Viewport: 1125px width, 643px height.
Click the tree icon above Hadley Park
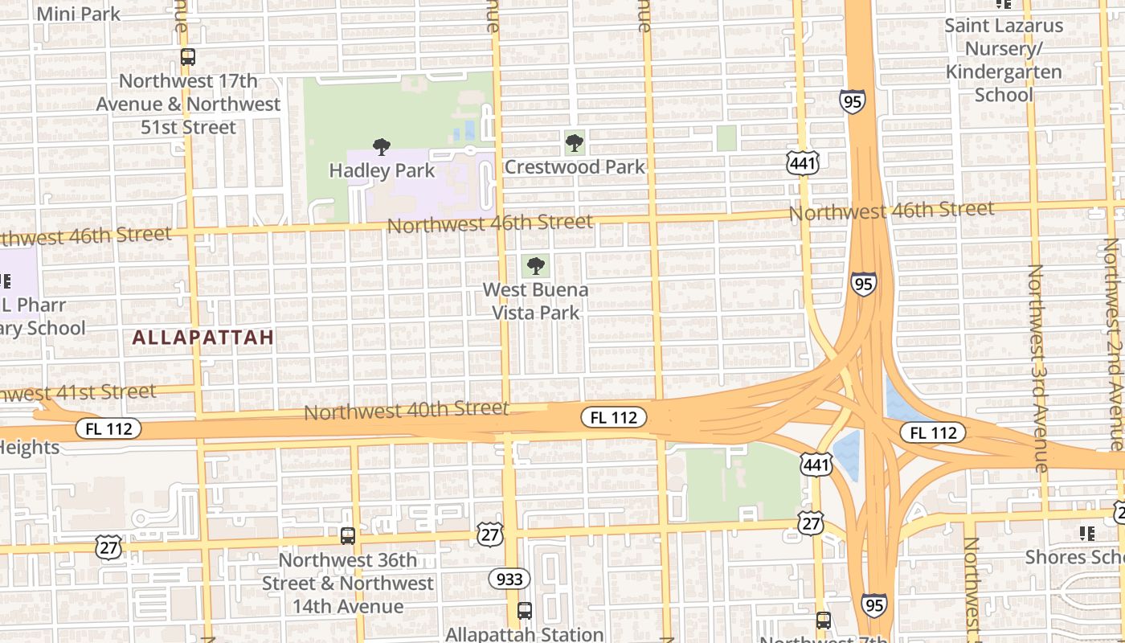coord(382,147)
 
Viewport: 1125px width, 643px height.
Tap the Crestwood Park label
coord(575,167)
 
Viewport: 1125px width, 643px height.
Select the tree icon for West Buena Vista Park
coord(536,266)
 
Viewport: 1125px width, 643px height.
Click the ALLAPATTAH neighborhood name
coord(203,338)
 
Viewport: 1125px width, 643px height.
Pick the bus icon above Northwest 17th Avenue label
coord(187,58)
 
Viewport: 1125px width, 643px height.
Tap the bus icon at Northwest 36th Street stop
coord(348,535)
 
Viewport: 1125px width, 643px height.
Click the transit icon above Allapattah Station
coord(525,611)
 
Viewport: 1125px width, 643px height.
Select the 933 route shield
coord(509,579)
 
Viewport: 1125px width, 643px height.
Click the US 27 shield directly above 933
coord(489,533)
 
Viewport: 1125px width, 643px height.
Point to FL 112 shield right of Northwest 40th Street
coord(614,417)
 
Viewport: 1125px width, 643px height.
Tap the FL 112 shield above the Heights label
coord(108,428)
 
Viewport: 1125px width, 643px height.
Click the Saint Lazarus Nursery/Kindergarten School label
coord(1004,60)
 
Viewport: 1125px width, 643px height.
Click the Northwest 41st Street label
coord(78,393)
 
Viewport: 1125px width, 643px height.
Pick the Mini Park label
coord(79,14)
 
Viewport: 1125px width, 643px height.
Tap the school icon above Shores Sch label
coord(1087,533)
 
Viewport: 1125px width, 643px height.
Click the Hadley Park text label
coord(382,170)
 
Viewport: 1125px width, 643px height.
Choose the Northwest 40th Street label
coord(407,411)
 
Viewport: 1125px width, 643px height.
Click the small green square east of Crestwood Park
coord(726,138)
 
